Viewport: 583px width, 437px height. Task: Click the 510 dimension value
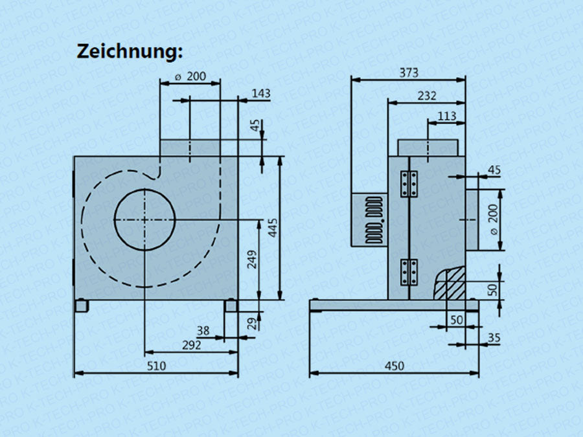click(x=156, y=366)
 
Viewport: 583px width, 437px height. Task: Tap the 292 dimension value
click(x=191, y=345)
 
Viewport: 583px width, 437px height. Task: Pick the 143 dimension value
click(x=260, y=94)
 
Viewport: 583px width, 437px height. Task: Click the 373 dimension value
click(x=408, y=73)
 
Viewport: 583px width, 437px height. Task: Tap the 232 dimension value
click(x=427, y=96)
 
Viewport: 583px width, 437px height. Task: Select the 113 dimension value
click(x=447, y=117)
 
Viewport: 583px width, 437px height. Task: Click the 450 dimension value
click(x=394, y=366)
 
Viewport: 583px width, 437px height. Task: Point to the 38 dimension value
click(x=203, y=331)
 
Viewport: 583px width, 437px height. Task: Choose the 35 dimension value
click(x=494, y=337)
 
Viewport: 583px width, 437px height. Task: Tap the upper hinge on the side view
click(x=409, y=184)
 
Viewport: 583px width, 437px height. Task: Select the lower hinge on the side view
click(x=409, y=272)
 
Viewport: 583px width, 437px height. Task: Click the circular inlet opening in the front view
click(x=144, y=219)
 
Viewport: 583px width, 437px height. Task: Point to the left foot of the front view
click(x=82, y=306)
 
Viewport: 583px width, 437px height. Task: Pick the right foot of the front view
click(x=231, y=306)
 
